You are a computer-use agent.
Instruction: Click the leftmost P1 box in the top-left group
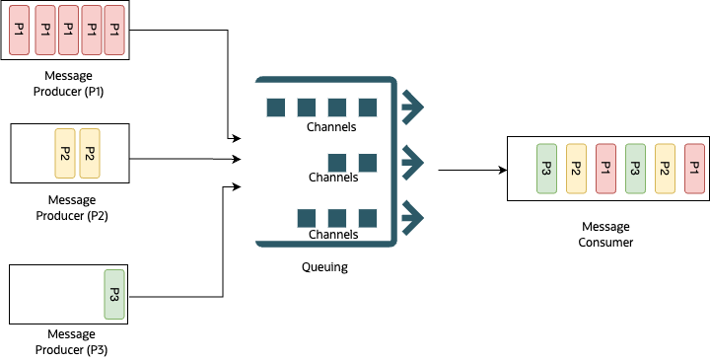[19, 31]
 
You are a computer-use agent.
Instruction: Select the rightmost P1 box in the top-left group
[113, 31]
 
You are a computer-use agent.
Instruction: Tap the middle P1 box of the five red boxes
[68, 31]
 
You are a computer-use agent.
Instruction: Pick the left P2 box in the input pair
[65, 154]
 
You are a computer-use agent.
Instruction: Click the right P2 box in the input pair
[89, 154]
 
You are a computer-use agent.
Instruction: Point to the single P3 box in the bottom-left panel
[114, 294]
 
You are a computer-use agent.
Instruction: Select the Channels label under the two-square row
[332, 179]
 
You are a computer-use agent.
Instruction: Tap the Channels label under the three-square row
[332, 235]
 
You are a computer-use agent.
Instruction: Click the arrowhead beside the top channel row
[416, 107]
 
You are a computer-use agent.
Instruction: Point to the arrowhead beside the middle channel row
[416, 160]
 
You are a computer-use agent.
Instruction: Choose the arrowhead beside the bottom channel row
[416, 215]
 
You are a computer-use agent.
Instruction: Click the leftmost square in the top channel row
[276, 107]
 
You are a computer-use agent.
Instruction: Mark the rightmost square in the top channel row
[368, 107]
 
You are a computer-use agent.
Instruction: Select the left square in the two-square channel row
[337, 162]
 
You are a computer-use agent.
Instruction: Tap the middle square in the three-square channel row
[337, 217]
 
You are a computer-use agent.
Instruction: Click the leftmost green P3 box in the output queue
[547, 169]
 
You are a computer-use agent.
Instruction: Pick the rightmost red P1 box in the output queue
[694, 169]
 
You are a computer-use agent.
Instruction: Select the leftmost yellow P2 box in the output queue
[576, 169]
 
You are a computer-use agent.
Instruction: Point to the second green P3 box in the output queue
[635, 169]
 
